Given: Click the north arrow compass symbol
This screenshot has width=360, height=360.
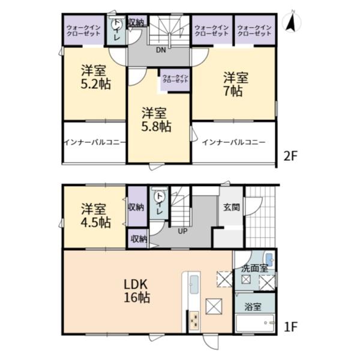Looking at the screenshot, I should (x=292, y=22).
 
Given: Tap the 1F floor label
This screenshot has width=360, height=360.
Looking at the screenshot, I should (x=290, y=328).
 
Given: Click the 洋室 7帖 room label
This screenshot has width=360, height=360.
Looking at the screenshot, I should (x=234, y=84).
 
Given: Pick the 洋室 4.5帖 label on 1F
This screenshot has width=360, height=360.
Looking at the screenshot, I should (x=95, y=215).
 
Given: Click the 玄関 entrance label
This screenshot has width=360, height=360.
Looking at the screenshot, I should (x=232, y=208).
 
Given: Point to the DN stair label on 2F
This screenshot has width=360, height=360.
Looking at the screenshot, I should (x=161, y=50).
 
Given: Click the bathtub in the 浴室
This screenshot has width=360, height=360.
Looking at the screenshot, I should (x=254, y=325).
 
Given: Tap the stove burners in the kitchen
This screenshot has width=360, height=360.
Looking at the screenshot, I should (x=195, y=322).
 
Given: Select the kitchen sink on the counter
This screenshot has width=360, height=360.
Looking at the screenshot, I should (x=194, y=285).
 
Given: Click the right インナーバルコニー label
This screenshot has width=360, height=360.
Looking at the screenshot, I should (x=233, y=143).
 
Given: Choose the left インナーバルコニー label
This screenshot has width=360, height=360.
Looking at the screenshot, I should (x=94, y=143).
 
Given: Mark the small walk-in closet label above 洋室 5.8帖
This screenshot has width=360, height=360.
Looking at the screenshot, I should (x=175, y=79).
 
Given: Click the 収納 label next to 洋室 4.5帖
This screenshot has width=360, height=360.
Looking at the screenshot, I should (x=136, y=208).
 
